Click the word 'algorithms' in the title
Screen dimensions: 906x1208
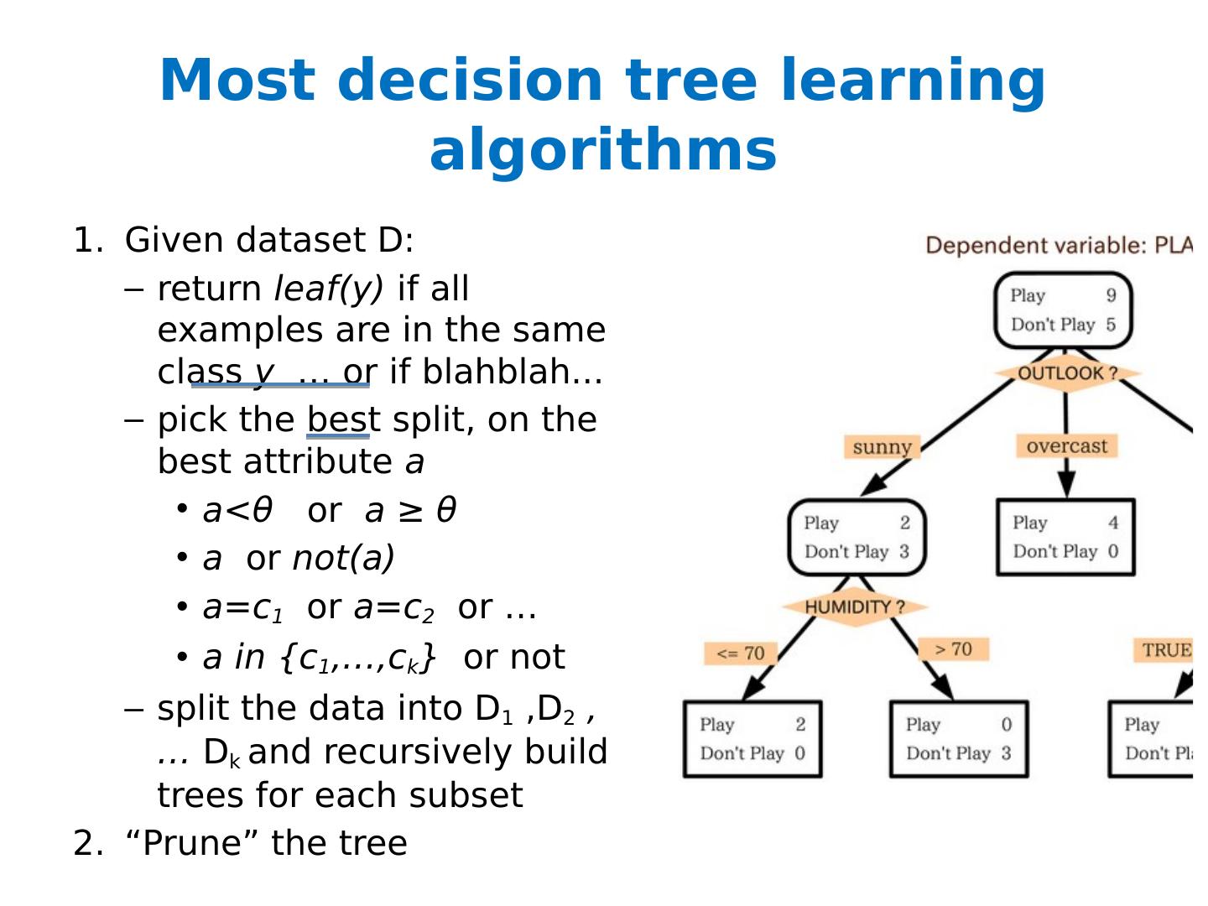coord(603,151)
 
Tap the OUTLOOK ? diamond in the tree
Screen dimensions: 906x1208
coord(1067,373)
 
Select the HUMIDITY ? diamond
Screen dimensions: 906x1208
coord(855,607)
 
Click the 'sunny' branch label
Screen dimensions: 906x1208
coord(882,447)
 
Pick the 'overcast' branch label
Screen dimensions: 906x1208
coord(1066,446)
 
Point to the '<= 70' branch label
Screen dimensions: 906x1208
coord(741,653)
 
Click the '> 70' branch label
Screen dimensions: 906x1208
coord(953,649)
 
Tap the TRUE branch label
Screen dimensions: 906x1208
coord(1166,650)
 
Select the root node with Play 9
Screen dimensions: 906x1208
coord(1063,310)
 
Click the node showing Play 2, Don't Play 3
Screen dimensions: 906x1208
coord(857,537)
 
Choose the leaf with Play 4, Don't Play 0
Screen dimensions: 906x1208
coord(1065,537)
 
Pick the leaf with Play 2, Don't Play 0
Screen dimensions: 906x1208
coord(752,739)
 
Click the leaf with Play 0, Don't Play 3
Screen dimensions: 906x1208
coord(959,739)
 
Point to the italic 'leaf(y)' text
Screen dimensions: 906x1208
coord(329,289)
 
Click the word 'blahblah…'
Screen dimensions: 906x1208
coord(513,372)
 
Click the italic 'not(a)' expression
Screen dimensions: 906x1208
coord(343,559)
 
